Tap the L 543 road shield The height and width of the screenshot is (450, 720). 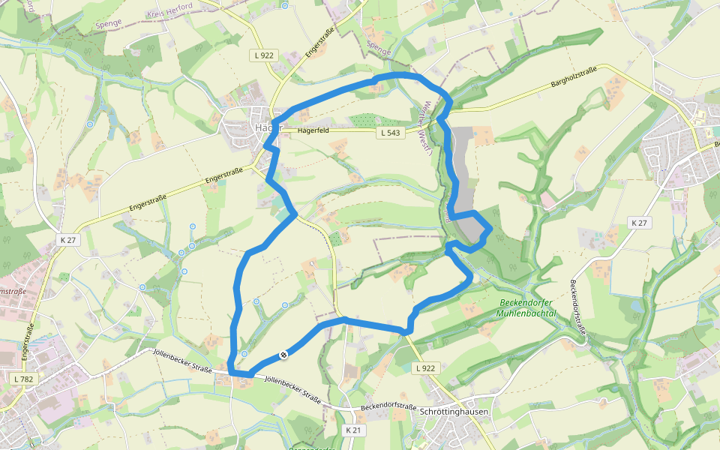coord(391,133)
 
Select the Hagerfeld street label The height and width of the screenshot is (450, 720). coord(313,130)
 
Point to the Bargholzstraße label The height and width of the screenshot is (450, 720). coord(574,76)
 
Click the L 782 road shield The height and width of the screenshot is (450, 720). coord(24,379)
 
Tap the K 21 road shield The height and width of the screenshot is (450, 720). coord(355,430)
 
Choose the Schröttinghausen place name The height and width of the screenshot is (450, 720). coord(455,412)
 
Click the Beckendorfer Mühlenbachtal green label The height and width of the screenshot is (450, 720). coord(526,308)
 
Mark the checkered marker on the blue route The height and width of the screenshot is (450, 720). coord(284,354)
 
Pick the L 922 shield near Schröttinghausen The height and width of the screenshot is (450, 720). coord(425,367)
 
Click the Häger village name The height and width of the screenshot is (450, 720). coord(267,127)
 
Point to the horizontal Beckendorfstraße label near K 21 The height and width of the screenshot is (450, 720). coord(388,406)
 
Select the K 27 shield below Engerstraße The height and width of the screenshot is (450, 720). coord(67,240)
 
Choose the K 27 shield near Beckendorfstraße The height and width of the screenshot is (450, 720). coord(639,223)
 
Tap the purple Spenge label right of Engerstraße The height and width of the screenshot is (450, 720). coord(379,46)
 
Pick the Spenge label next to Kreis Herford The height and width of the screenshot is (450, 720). coord(109,24)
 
